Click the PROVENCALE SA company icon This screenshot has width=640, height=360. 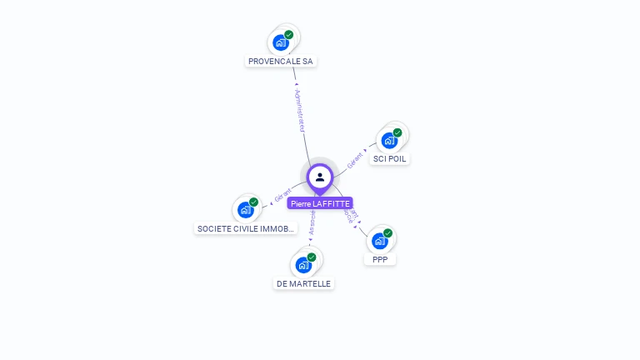click(x=281, y=42)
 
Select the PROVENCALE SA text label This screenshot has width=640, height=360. click(x=282, y=61)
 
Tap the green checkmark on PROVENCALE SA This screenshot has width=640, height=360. click(x=289, y=35)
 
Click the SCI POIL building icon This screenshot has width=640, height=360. click(x=389, y=140)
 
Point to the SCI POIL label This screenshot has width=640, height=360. click(x=390, y=158)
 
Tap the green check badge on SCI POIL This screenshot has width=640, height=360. click(x=397, y=132)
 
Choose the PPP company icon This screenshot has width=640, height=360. click(x=380, y=241)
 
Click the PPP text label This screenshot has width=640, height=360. click(x=380, y=259)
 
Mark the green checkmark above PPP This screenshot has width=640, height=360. click(x=387, y=233)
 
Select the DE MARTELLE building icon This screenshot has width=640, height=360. click(x=303, y=265)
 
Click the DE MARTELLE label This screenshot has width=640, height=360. click(x=303, y=283)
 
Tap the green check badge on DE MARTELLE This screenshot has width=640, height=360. click(x=312, y=257)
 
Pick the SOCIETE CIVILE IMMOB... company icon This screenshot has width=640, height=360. click(x=246, y=209)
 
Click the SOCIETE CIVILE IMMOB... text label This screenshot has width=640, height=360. click(x=245, y=228)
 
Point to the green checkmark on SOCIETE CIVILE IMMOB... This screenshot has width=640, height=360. click(x=253, y=202)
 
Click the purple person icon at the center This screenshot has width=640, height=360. click(x=320, y=177)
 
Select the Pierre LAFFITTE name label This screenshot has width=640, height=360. click(x=320, y=203)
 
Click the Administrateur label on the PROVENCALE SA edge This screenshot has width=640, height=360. click(x=301, y=110)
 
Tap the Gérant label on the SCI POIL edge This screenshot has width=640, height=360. click(x=356, y=160)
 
